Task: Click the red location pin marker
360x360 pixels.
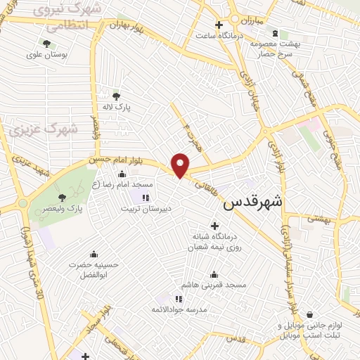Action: tap(181, 165)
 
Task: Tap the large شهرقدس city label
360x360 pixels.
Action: tap(253, 202)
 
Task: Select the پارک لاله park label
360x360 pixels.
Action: tap(125, 108)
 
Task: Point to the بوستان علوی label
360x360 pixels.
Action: tap(44, 54)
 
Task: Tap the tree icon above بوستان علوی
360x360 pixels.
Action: tap(46, 43)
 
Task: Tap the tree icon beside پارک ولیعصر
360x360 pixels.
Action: tap(63, 198)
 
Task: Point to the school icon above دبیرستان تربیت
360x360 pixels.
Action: tap(146, 198)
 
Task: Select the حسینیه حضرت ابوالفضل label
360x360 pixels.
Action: tap(93, 270)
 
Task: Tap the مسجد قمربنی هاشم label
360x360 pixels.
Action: tap(213, 285)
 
